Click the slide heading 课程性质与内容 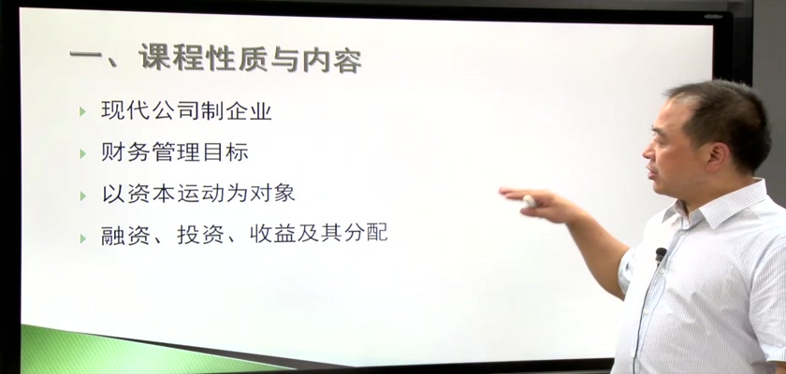(x=250, y=58)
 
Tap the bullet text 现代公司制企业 (x=186, y=110)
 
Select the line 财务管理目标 (x=174, y=152)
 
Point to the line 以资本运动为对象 (x=198, y=194)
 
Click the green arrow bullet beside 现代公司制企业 (x=82, y=112)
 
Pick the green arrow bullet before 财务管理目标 (x=82, y=153)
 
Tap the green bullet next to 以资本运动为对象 (x=82, y=195)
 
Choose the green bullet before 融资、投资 (x=82, y=238)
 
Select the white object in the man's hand (x=529, y=201)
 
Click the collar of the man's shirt (x=717, y=207)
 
